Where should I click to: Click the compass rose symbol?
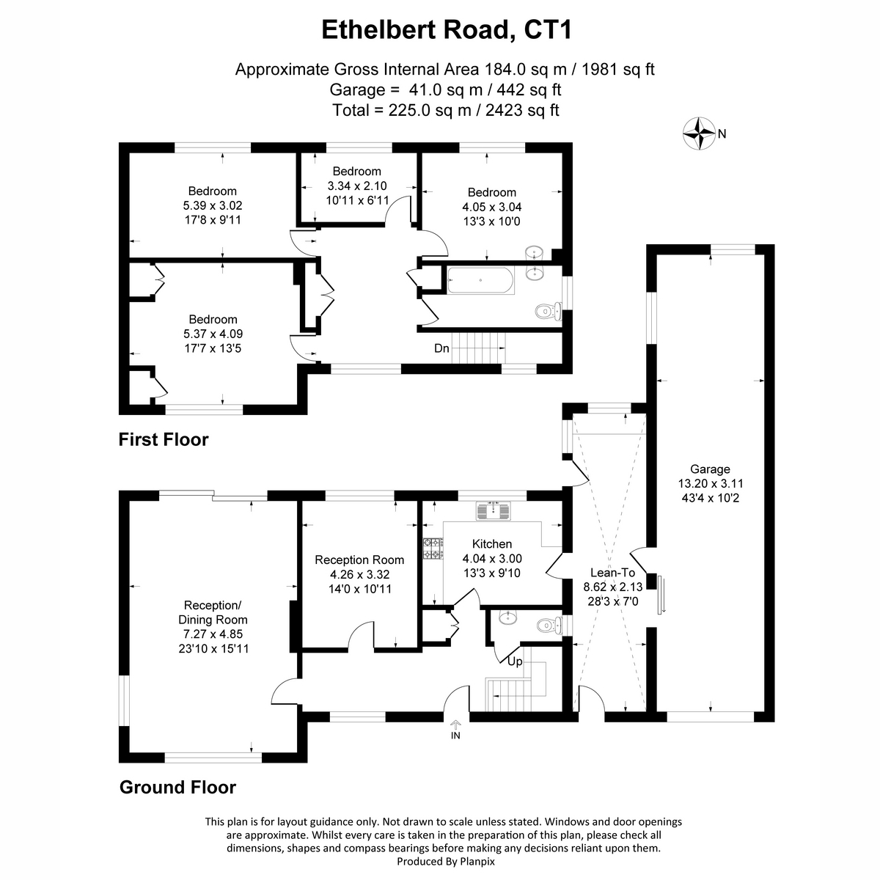698,133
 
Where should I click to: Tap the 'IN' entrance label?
455,736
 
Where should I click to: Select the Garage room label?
710,469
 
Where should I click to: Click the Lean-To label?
612,572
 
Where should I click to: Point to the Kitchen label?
492,544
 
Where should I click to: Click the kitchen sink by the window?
493,511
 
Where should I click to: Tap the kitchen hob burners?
433,549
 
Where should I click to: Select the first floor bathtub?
481,280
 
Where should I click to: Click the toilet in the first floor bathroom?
548,312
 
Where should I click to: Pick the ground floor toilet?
549,625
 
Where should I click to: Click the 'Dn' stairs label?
441,348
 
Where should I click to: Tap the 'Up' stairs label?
515,661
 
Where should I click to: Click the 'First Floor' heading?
164,439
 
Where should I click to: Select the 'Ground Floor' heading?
177,788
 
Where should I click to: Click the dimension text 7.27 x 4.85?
213,634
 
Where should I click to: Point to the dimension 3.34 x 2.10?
357,186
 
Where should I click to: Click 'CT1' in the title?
548,30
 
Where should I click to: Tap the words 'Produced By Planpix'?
446,861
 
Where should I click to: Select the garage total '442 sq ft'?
529,90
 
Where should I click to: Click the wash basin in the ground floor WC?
507,617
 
